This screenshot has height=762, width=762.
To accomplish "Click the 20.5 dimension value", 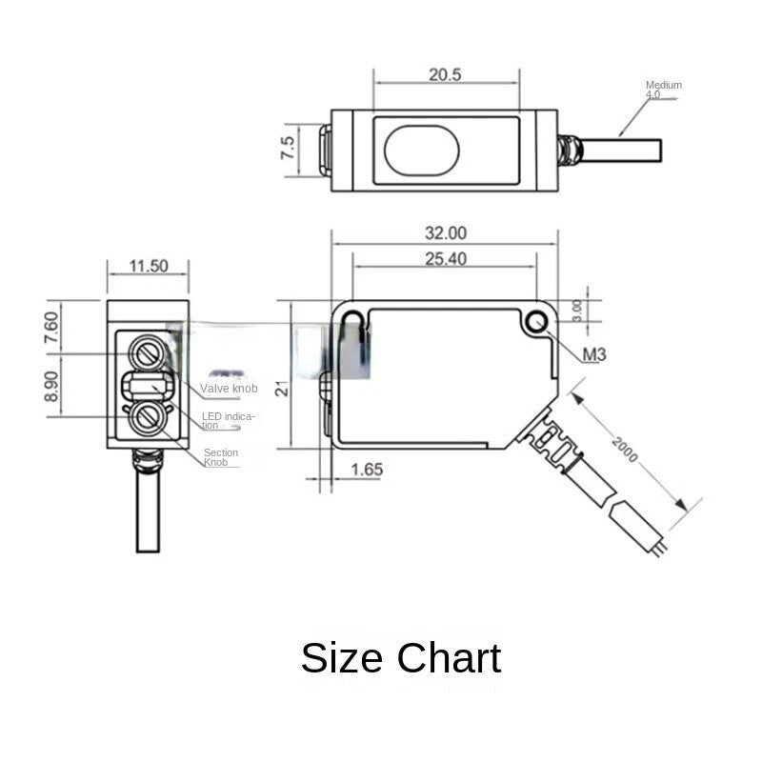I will [x=444, y=74].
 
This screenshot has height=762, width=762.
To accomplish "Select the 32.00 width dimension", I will [x=445, y=232].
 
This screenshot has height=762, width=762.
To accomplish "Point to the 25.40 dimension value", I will [x=445, y=258].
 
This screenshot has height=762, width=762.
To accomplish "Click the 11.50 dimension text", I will [x=148, y=266].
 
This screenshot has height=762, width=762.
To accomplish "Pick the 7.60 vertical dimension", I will [x=51, y=329].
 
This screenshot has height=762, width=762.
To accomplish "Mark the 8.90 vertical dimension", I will [x=51, y=386].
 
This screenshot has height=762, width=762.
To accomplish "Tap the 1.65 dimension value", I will [x=367, y=469].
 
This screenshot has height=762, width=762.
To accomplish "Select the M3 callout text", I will [x=594, y=355].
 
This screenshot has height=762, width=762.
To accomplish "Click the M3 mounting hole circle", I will [x=537, y=323].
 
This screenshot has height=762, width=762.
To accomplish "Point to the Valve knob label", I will [x=229, y=389].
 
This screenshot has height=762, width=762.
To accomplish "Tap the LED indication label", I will [x=228, y=420].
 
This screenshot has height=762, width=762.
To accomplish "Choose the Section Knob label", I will [x=221, y=457].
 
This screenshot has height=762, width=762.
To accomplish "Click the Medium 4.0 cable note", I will [x=663, y=90].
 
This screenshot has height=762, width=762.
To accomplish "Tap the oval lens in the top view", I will [x=421, y=150].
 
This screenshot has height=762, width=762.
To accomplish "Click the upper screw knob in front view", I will [x=148, y=353].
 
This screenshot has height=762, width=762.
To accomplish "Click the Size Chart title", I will [x=400, y=658].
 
